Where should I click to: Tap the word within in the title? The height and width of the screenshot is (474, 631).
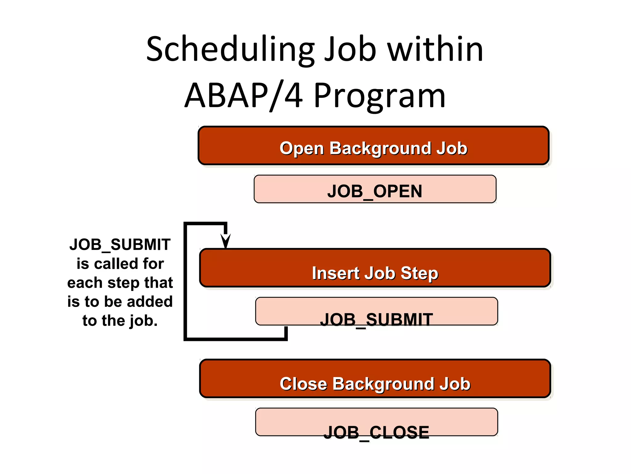[435, 49]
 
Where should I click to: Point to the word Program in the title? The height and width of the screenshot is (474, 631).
[380, 96]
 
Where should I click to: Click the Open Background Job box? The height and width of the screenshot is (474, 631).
[373, 146]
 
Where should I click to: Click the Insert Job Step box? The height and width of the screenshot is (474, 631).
[375, 268]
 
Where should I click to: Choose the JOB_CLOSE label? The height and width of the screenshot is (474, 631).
[377, 432]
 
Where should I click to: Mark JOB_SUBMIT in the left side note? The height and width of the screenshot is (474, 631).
[120, 244]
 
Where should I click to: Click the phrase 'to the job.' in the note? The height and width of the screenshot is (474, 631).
[120, 321]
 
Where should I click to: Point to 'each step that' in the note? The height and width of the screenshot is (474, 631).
[120, 283]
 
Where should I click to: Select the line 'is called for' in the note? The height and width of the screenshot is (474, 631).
[120, 264]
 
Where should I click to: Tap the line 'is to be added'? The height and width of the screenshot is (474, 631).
[120, 301]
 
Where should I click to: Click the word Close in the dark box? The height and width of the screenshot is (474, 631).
[303, 384]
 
